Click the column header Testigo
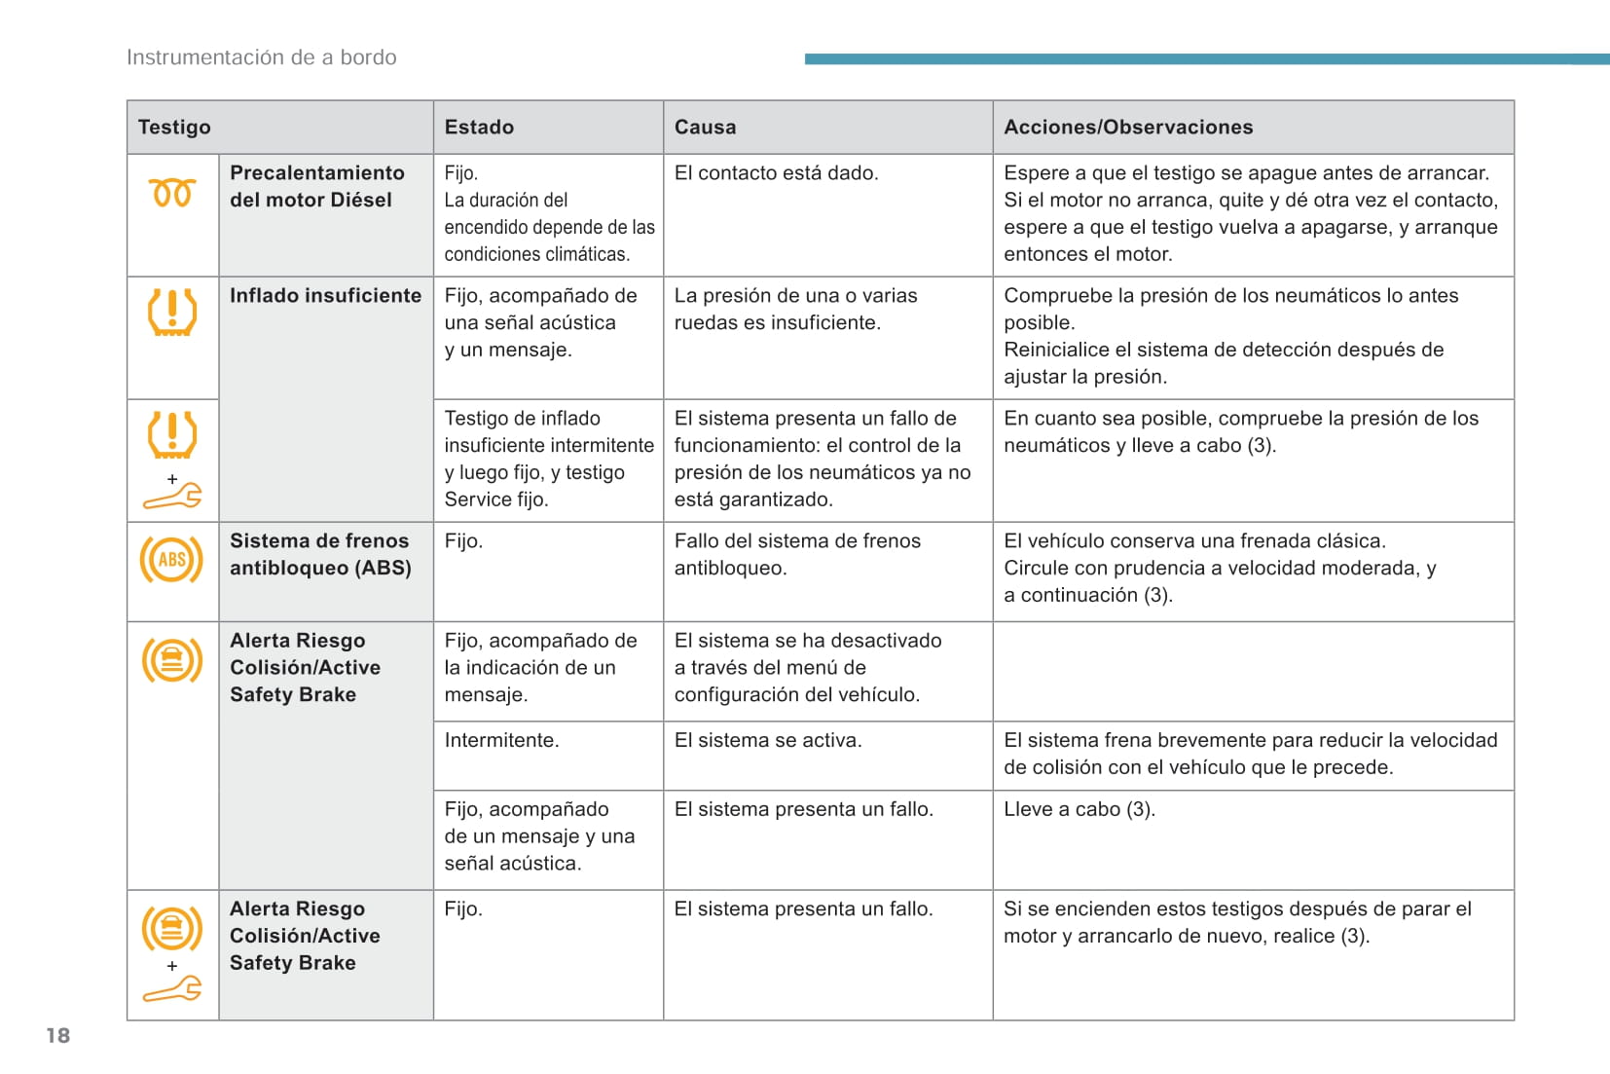pyautogui.click(x=174, y=127)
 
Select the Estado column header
pyautogui.click(x=479, y=127)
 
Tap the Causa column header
pyautogui.click(x=705, y=127)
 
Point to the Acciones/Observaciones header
pyautogui.click(x=1128, y=127)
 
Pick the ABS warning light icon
pyautogui.click(x=171, y=560)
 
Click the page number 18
pyautogui.click(x=58, y=1035)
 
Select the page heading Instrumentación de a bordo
pyautogui.click(x=261, y=57)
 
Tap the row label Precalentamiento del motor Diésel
pyautogui.click(x=316, y=186)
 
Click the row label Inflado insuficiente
pyautogui.click(x=325, y=295)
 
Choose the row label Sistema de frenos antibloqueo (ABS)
pyautogui.click(x=320, y=554)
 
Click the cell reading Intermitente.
pyautogui.click(x=501, y=740)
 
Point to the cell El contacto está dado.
pyautogui.click(x=776, y=172)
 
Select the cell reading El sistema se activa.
pyautogui.click(x=767, y=740)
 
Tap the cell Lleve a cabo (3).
pyautogui.click(x=1079, y=809)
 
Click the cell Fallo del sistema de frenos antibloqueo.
pyautogui.click(x=797, y=554)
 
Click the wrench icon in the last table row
pyautogui.click(x=172, y=989)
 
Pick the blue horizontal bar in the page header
pyautogui.click(x=1206, y=59)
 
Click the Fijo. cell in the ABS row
pyautogui.click(x=463, y=540)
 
